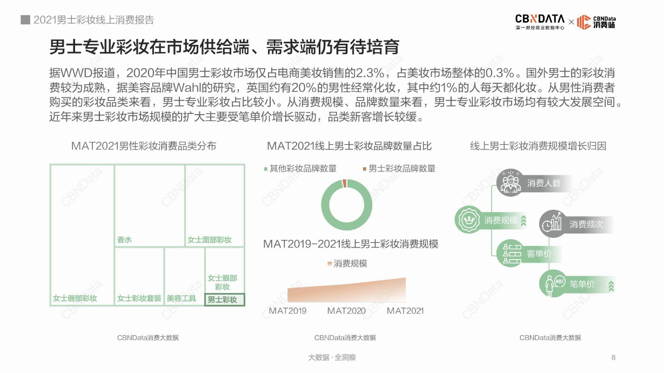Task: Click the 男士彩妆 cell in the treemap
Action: click(x=225, y=299)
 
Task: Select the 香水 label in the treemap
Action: click(x=124, y=240)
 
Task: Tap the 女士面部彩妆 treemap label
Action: click(x=210, y=240)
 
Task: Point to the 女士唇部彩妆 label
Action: click(x=75, y=298)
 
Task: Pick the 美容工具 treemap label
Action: click(x=181, y=298)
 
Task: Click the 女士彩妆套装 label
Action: click(x=139, y=298)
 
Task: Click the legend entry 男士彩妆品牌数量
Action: click(x=399, y=169)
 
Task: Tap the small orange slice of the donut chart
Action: click(x=345, y=184)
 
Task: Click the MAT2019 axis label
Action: click(x=287, y=311)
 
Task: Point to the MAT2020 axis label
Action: click(x=346, y=311)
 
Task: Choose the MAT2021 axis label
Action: click(x=405, y=311)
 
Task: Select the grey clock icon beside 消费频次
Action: click(x=552, y=223)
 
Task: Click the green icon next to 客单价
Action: click(x=510, y=253)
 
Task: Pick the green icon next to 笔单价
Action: click(x=552, y=283)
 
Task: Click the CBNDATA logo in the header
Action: click(x=539, y=21)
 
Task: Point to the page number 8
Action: click(x=613, y=357)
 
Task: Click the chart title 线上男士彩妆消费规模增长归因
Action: click(x=538, y=146)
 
